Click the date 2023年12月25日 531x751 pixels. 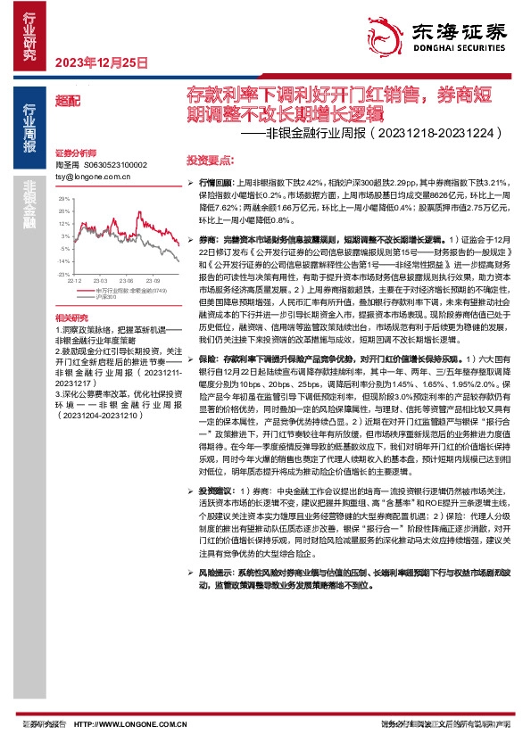(101, 63)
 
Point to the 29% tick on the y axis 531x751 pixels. (63, 212)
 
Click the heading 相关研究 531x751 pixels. (71, 317)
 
